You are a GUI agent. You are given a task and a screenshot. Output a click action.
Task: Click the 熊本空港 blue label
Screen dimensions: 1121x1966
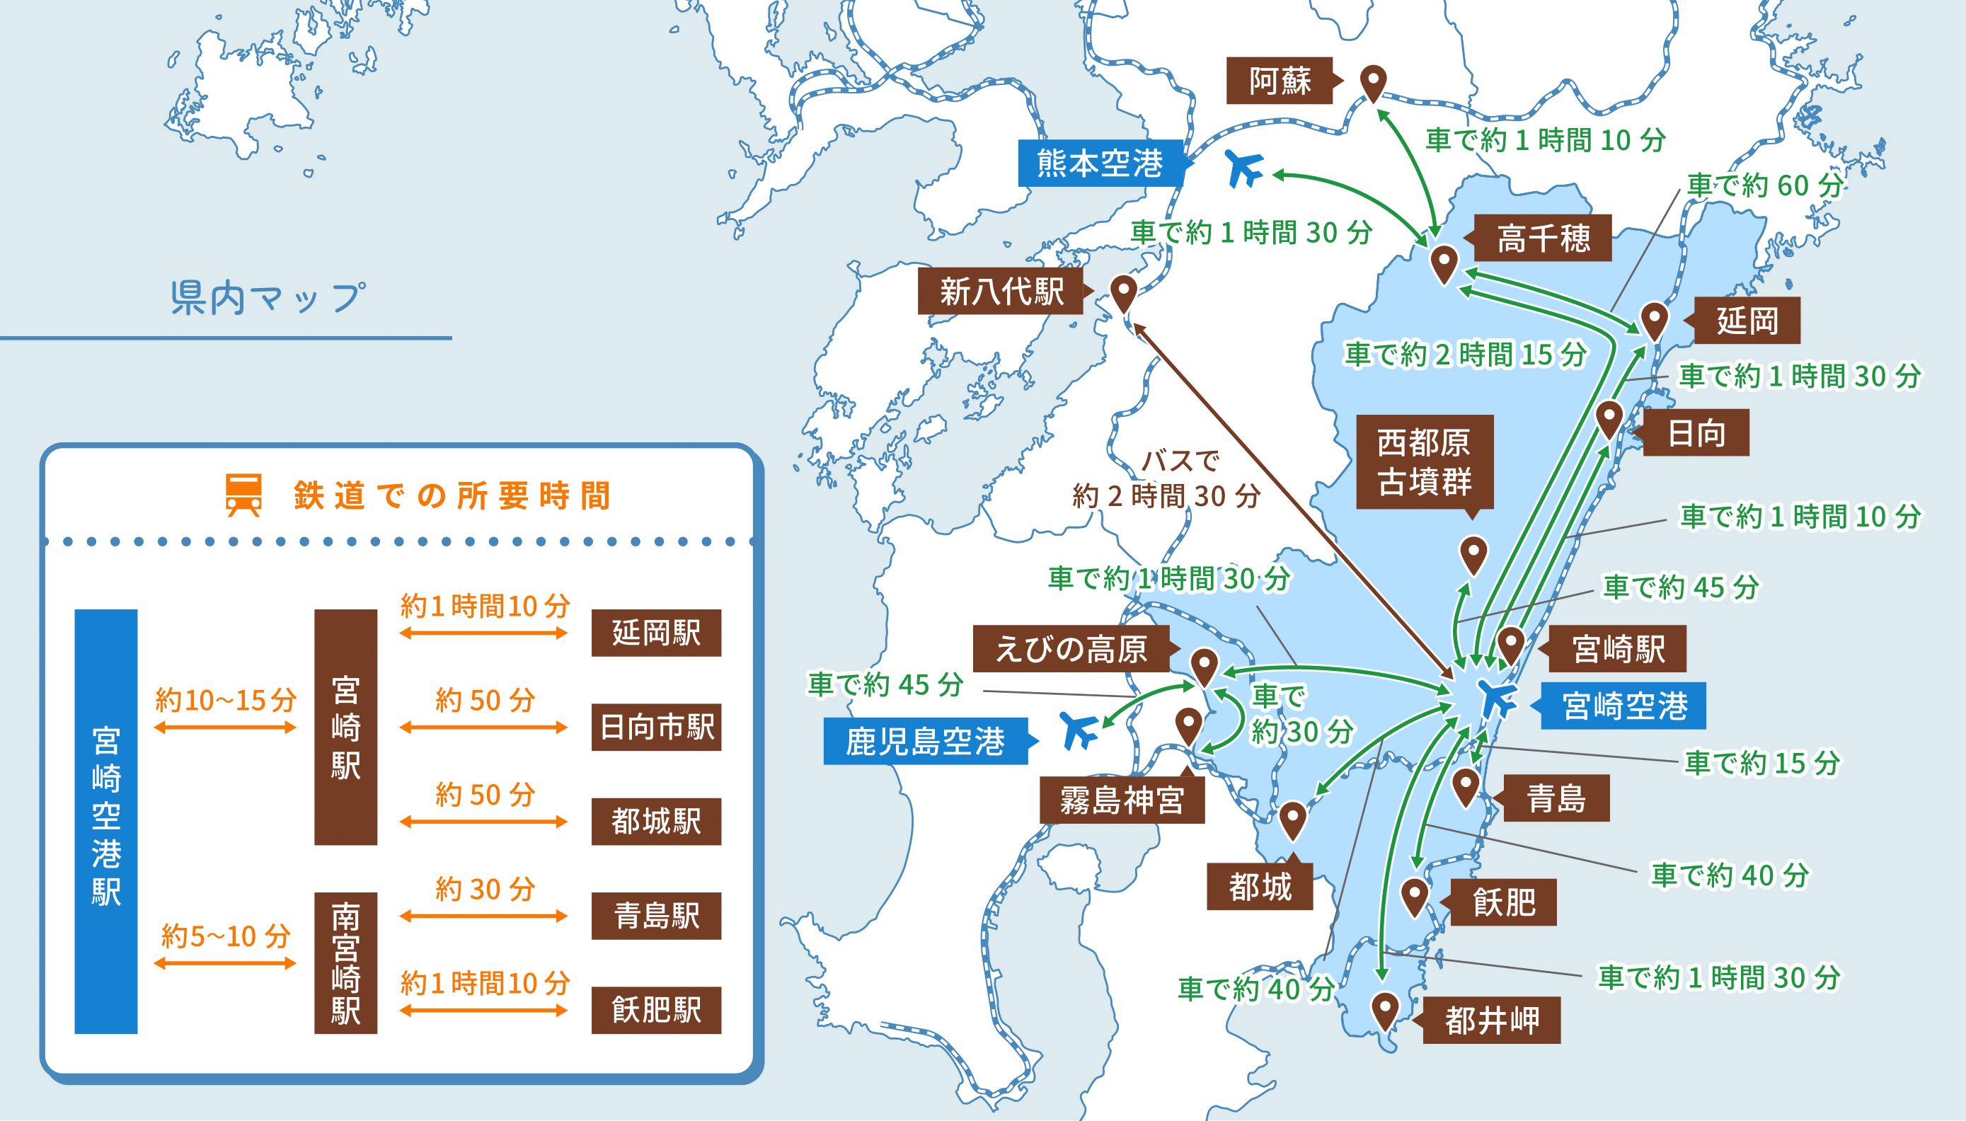coord(1099,163)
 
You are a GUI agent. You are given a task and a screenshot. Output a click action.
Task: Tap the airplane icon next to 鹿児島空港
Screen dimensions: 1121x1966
coord(1079,730)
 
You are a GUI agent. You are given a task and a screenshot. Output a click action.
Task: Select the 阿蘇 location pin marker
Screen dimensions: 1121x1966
coord(1372,81)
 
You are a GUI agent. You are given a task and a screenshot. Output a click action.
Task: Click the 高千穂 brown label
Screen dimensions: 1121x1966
coord(1543,238)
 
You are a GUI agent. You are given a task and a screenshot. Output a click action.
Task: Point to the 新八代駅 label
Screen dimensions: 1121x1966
coord(1000,291)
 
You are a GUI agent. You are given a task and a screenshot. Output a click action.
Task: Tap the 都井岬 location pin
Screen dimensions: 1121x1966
coord(1385,1010)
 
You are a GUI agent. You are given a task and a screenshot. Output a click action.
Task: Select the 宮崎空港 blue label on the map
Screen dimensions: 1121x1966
coord(1623,706)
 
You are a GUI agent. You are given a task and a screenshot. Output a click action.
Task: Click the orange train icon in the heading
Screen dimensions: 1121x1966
coord(243,494)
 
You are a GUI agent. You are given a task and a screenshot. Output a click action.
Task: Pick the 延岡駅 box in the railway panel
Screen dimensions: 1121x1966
coord(656,633)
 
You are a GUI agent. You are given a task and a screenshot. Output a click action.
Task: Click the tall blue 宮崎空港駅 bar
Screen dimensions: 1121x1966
coord(106,821)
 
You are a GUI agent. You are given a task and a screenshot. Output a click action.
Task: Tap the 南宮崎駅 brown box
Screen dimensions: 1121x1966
coord(345,962)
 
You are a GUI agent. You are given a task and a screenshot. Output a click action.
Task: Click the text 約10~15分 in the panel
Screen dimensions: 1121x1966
coord(225,700)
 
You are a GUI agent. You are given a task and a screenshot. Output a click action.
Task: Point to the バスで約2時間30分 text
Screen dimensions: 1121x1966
coord(1166,479)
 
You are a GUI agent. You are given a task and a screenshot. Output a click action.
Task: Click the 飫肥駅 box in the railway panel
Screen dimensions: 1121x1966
coord(656,1009)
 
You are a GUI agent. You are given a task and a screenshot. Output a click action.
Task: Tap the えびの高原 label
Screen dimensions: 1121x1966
coord(1071,649)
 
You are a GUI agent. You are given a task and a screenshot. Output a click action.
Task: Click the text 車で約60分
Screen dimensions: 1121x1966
coord(1764,185)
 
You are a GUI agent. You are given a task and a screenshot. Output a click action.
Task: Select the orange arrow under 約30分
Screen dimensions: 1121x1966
coord(483,916)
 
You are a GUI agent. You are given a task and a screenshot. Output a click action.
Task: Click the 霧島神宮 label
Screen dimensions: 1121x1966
coord(1122,800)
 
